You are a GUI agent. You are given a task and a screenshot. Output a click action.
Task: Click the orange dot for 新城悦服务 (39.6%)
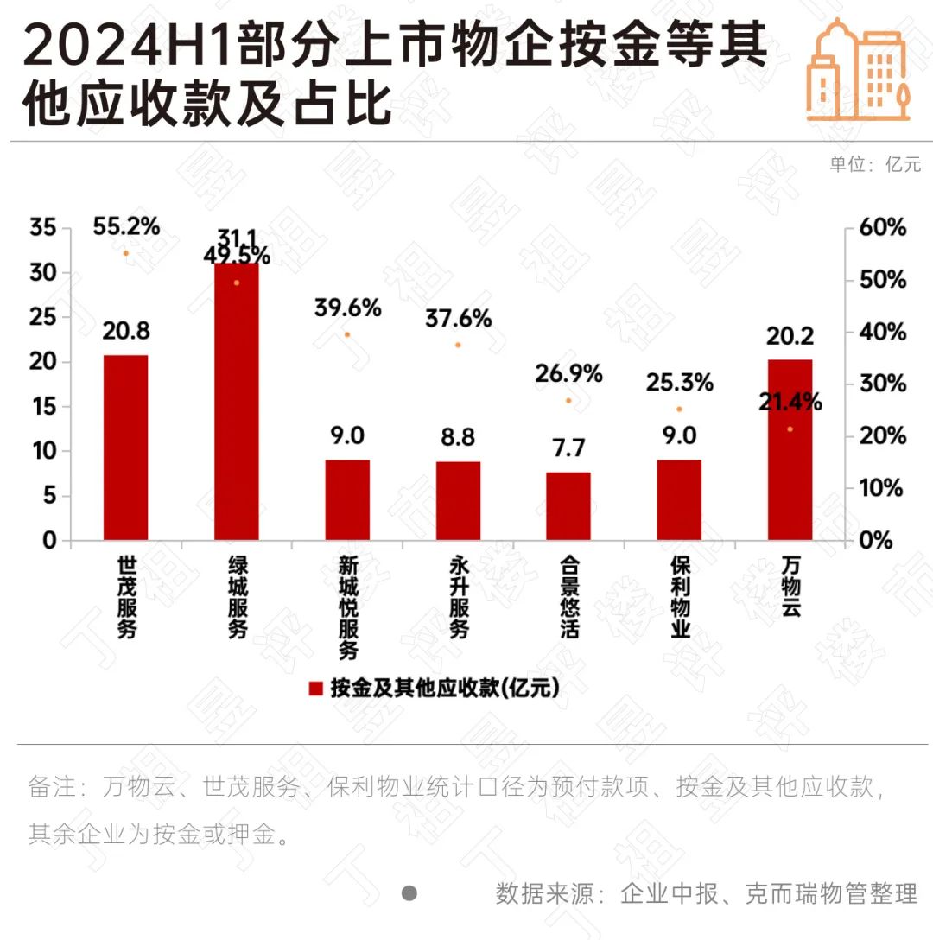point(347,334)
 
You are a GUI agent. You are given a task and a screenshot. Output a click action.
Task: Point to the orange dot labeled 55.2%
point(125,253)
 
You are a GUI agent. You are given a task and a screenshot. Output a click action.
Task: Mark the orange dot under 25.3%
point(679,410)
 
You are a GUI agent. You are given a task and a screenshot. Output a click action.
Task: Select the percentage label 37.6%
point(458,319)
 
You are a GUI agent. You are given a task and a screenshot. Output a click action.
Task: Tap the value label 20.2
point(790,336)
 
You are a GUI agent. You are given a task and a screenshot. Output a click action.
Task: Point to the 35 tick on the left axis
point(42,228)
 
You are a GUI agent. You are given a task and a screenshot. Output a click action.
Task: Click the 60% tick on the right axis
point(882,228)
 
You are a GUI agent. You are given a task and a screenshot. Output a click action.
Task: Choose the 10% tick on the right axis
point(882,488)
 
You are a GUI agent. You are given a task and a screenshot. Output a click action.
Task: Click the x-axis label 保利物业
point(680,596)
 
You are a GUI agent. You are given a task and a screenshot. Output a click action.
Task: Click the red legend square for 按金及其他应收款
point(316,689)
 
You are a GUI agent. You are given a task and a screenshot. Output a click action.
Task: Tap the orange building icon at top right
point(859,69)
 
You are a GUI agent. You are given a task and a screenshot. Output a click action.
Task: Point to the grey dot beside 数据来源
point(409,892)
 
